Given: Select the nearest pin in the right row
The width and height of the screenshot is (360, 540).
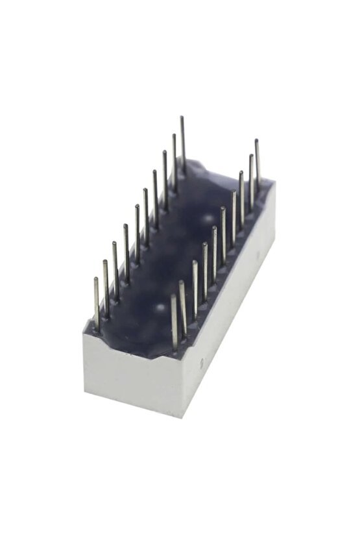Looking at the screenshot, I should (174, 322).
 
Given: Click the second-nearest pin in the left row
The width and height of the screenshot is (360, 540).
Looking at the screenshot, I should (106, 286).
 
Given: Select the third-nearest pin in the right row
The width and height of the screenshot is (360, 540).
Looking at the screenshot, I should (195, 289).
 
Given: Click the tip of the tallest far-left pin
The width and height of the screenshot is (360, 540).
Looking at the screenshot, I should (182, 118).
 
